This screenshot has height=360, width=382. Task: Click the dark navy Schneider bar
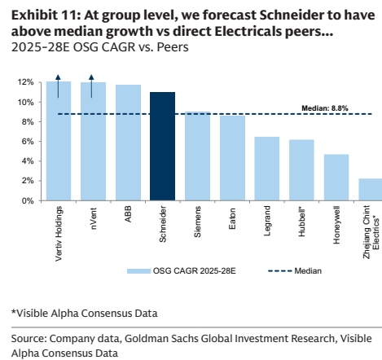[x=162, y=147]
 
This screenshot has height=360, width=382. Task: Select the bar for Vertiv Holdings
[x=59, y=141]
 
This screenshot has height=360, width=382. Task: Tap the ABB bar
[x=128, y=143]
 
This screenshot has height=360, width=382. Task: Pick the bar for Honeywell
[x=336, y=178]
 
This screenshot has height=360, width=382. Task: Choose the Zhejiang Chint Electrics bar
[x=371, y=190]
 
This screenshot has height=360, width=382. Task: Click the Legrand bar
[x=267, y=169]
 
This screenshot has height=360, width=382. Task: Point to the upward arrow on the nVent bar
[x=91, y=86]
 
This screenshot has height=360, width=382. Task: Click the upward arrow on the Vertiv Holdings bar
[x=58, y=86]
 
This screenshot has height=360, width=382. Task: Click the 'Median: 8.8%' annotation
[x=325, y=108]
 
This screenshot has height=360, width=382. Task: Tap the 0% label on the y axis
[x=28, y=201]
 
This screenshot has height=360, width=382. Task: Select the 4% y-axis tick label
[x=28, y=161]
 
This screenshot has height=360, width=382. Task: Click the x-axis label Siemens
[x=197, y=222]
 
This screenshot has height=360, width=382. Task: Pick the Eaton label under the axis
[x=232, y=218]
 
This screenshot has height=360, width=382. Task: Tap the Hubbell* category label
[x=301, y=222]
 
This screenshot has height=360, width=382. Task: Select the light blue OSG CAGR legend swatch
[x=138, y=271]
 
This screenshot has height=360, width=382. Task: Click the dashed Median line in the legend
[x=279, y=271]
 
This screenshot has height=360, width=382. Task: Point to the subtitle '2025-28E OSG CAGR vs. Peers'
[x=100, y=47]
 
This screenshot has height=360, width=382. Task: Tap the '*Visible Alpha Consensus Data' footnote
[x=85, y=314]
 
